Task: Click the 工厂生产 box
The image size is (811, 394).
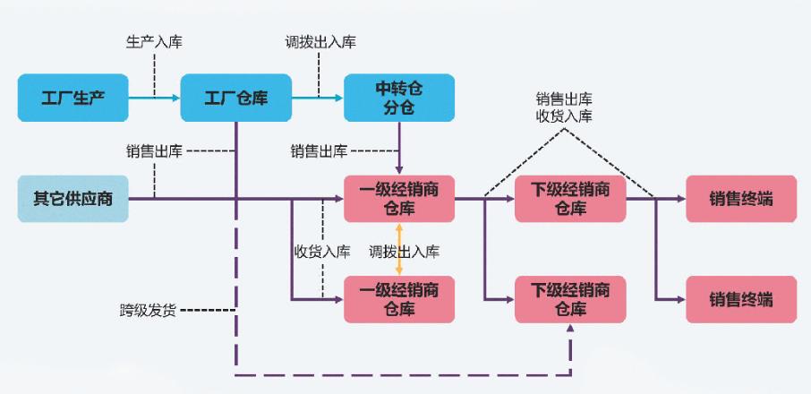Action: point(73,98)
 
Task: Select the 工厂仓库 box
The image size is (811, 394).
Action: point(236,98)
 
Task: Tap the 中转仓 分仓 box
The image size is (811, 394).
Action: point(399,98)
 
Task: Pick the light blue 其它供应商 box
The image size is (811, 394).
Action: point(73,199)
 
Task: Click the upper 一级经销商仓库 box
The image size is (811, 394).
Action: point(399,199)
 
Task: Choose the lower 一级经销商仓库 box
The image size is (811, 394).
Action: point(399,299)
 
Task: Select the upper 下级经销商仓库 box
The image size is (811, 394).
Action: point(570,199)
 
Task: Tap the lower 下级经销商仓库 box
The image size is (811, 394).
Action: point(570,299)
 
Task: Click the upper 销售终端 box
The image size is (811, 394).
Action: point(740,199)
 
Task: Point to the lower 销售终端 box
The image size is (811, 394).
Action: point(740,299)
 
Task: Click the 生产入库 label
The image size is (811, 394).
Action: point(154,42)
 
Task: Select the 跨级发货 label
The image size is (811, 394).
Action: point(148,311)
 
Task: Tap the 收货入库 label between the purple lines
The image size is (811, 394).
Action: point(322,252)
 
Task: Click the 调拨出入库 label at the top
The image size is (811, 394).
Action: point(320,42)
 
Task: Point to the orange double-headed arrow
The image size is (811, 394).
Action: point(399,249)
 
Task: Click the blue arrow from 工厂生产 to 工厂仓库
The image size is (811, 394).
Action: point(154,98)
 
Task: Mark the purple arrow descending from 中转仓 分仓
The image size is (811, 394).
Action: point(399,148)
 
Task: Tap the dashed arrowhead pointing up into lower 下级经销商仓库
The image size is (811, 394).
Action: point(570,330)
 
